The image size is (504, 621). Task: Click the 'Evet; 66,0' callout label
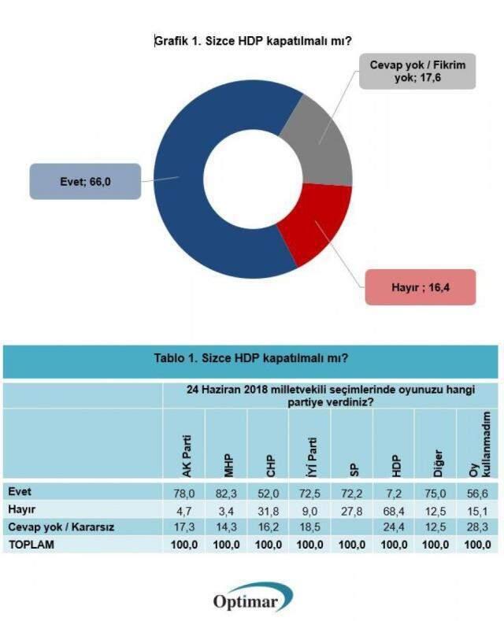pos(84,180)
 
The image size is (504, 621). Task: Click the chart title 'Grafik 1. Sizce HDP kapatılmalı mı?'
pos(251,40)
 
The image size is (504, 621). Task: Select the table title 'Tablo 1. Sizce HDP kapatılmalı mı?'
pos(250,358)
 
